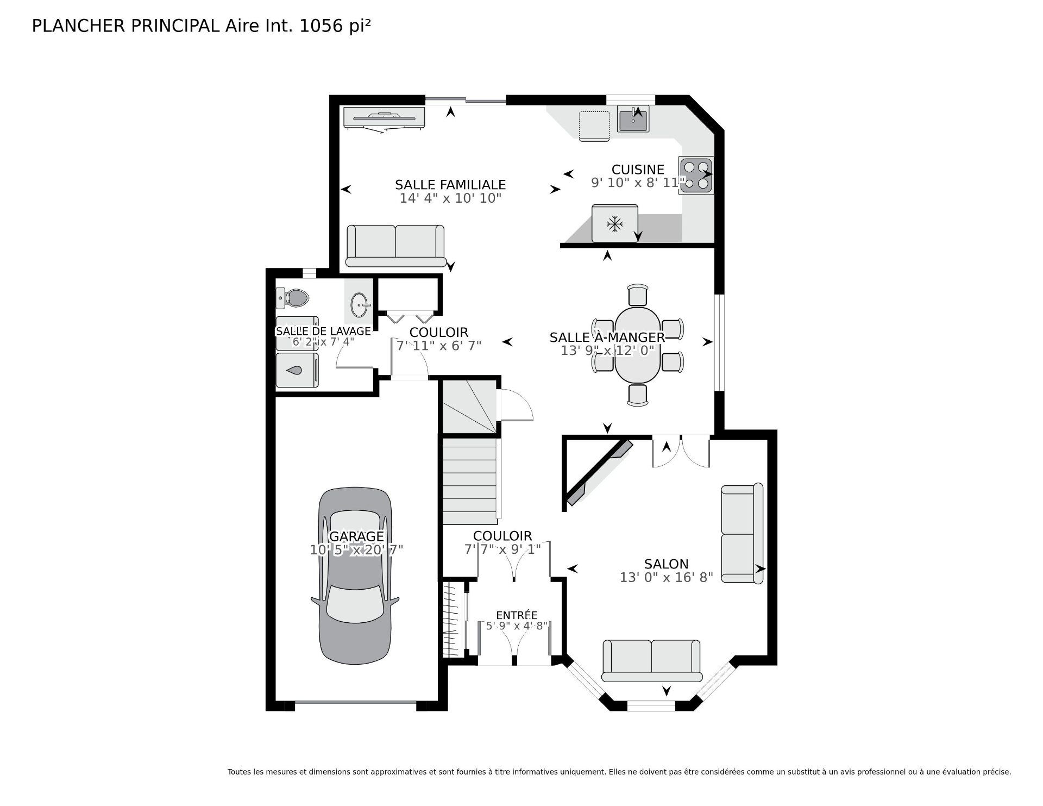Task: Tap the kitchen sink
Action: click(633, 119)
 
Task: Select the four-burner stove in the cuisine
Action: click(695, 175)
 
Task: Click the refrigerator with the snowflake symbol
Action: click(614, 223)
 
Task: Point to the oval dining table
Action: click(637, 345)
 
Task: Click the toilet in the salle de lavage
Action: click(293, 297)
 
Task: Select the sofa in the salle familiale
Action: click(395, 246)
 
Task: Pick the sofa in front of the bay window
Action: click(651, 660)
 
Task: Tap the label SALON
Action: click(666, 564)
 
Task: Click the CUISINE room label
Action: click(638, 170)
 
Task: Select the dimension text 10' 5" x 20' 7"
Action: click(356, 550)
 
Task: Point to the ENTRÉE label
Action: click(517, 615)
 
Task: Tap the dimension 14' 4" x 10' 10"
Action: click(450, 198)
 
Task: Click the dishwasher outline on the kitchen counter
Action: click(594, 126)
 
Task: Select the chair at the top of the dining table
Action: click(638, 295)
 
